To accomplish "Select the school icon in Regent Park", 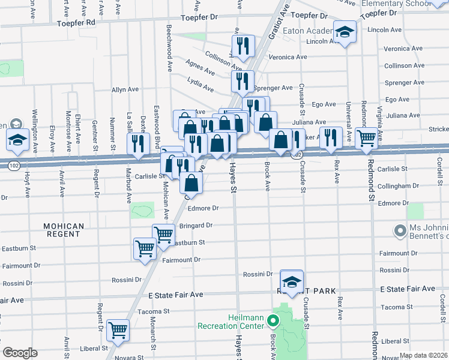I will [292, 282].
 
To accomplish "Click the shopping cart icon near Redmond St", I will [366, 138].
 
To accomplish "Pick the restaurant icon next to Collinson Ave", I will [243, 46].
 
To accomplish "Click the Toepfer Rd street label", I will [76, 22].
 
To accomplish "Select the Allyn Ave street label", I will [125, 89].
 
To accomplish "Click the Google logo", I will [20, 353].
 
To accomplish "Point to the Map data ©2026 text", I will [423, 355].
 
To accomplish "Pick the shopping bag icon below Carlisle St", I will [191, 181].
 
